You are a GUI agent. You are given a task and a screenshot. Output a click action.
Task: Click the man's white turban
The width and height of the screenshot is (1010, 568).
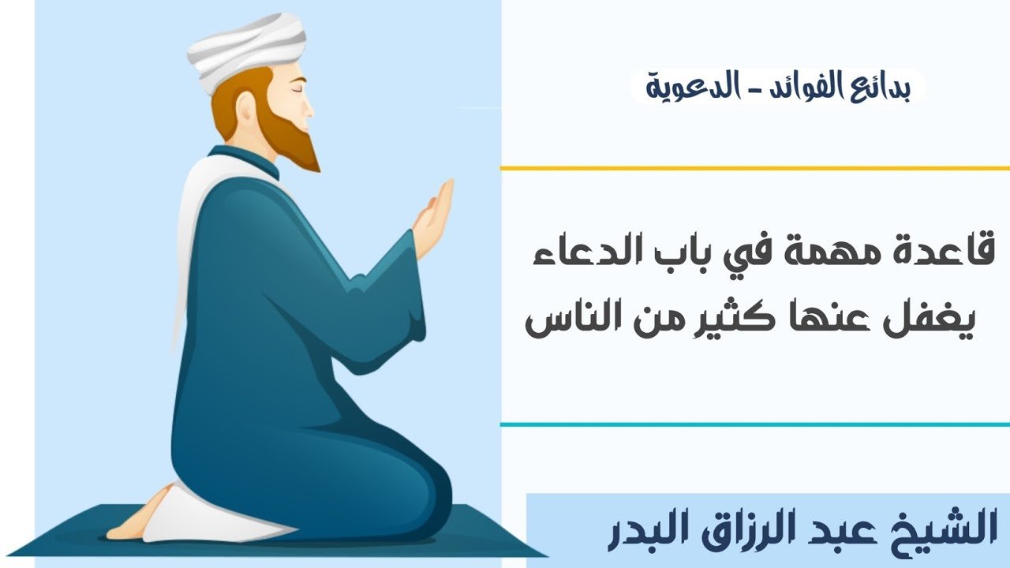[245, 52]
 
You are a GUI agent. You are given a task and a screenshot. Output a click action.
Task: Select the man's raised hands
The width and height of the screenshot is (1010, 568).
[433, 220]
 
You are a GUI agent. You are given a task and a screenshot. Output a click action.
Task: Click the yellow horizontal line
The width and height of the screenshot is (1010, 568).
[755, 169]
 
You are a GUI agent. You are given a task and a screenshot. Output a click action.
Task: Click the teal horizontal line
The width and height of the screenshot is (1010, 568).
[755, 424]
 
